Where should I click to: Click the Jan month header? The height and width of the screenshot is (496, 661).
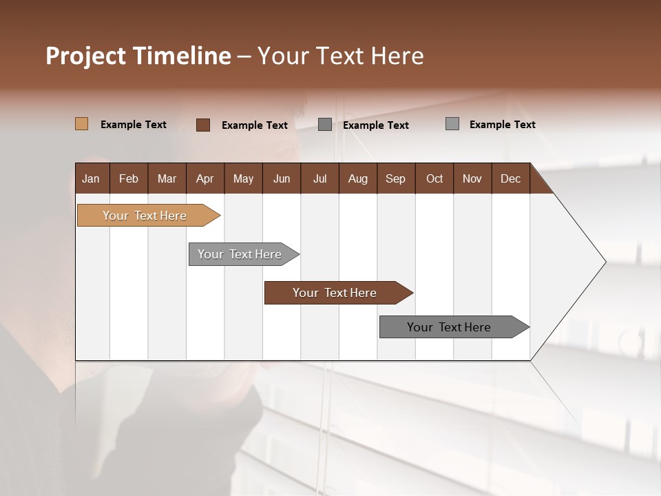pos(91,178)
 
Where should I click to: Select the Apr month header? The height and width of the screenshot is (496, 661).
pos(204,178)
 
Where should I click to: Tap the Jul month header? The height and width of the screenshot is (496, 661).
pos(319,178)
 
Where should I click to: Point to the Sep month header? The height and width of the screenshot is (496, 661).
pos(395,178)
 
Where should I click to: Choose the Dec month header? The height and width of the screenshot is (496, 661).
pos(510,178)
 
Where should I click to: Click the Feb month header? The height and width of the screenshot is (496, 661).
pos(129,178)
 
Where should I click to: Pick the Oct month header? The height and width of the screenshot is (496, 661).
pos(434,178)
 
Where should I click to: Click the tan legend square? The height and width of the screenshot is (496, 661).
pos(81,124)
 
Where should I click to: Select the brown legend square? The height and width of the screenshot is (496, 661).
pos(202,125)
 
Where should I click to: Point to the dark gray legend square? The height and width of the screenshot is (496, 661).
pos(325,125)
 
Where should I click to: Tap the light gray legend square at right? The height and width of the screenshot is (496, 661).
pos(452,124)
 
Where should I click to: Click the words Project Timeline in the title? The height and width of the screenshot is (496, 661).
pos(138,56)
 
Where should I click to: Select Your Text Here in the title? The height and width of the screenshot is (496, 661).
pos(340,56)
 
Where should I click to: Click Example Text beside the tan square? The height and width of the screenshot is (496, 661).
pos(134,125)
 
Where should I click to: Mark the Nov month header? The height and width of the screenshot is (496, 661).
pos(472,178)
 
